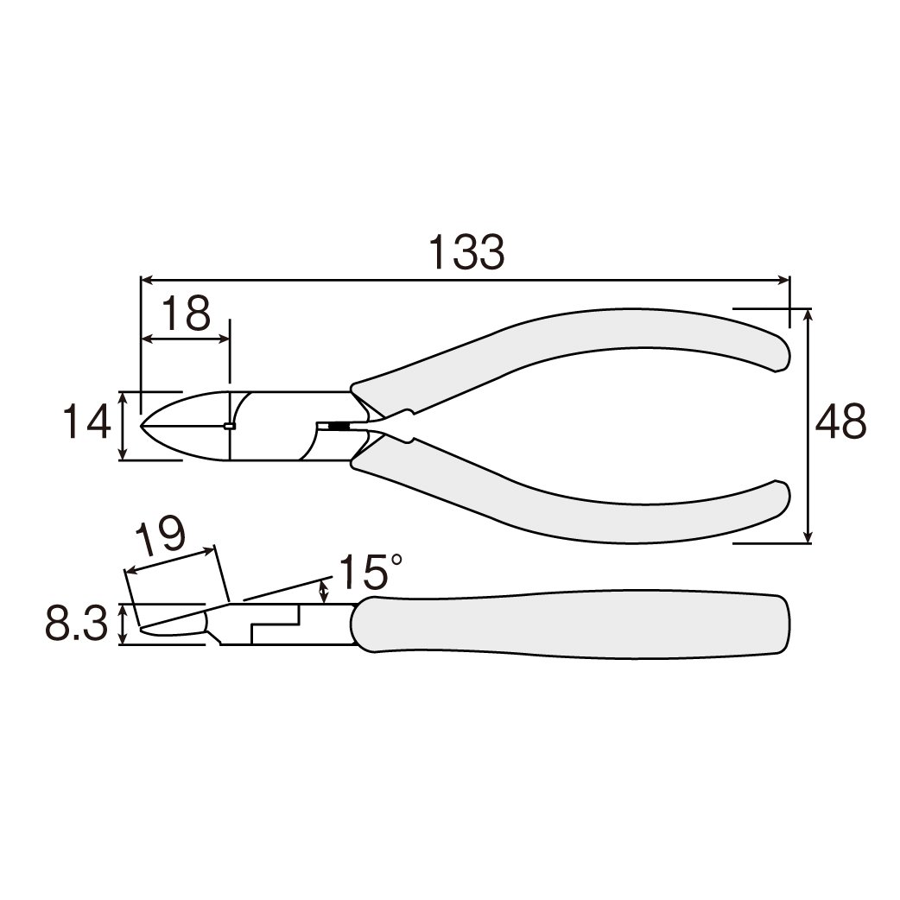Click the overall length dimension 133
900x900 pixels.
467,252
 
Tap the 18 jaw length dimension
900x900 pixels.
186,314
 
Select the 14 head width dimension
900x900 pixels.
86,421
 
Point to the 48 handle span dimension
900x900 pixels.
840,421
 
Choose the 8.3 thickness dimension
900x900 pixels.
76,624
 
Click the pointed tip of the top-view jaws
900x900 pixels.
142,426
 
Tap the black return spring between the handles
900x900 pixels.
339,426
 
